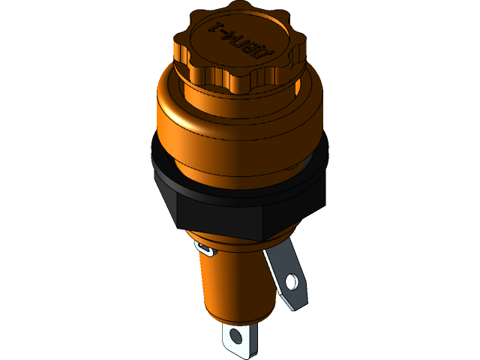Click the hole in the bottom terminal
238,336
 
